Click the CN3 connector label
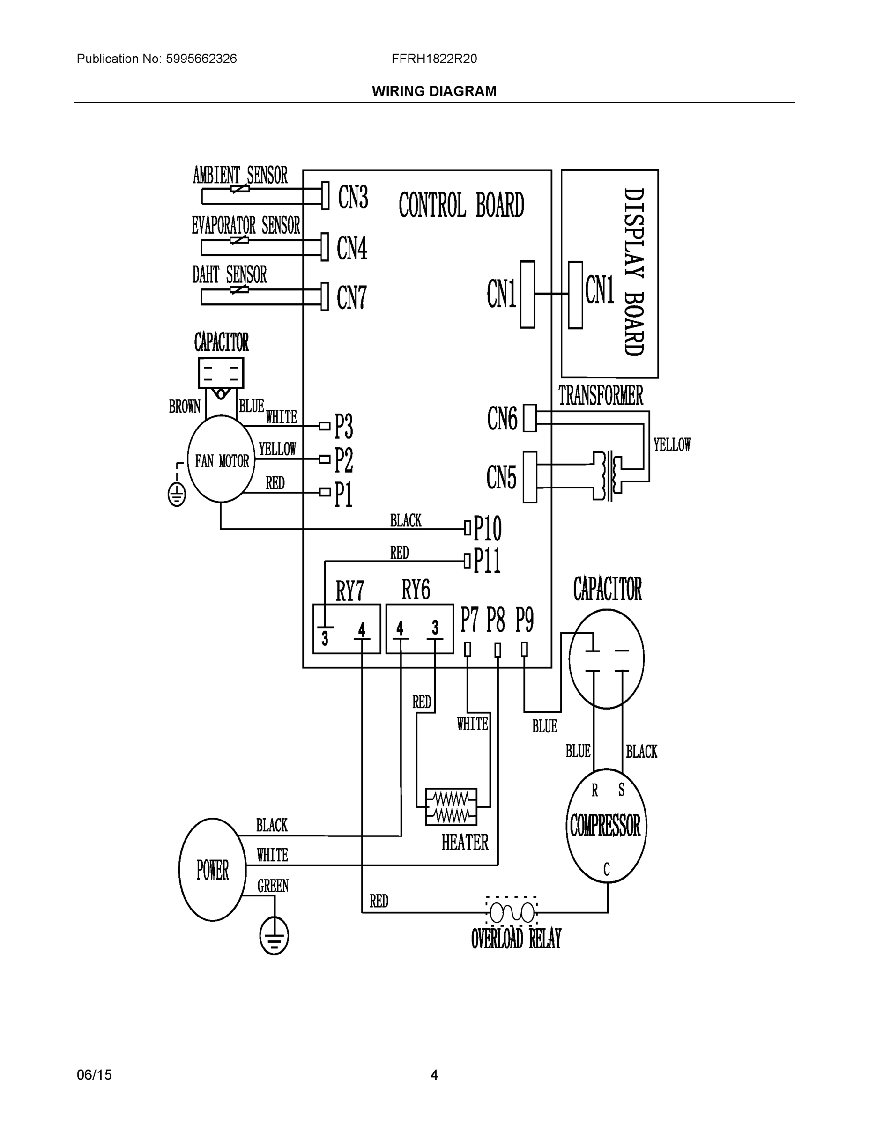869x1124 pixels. (353, 197)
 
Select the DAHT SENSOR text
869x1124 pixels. (229, 275)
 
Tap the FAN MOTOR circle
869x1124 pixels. (222, 459)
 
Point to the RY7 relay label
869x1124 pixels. (349, 591)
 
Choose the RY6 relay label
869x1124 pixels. (416, 590)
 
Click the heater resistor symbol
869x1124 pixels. (451, 807)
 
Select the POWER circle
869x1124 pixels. (212, 869)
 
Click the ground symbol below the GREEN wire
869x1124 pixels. (274, 935)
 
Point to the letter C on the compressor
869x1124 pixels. (607, 870)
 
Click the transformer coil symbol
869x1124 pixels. (609, 476)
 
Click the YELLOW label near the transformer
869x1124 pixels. (672, 444)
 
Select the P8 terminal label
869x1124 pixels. (496, 620)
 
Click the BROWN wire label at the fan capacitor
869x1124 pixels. (184, 407)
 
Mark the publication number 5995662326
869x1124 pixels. (201, 59)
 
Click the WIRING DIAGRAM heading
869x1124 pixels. (434, 91)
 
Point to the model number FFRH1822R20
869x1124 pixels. (434, 59)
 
